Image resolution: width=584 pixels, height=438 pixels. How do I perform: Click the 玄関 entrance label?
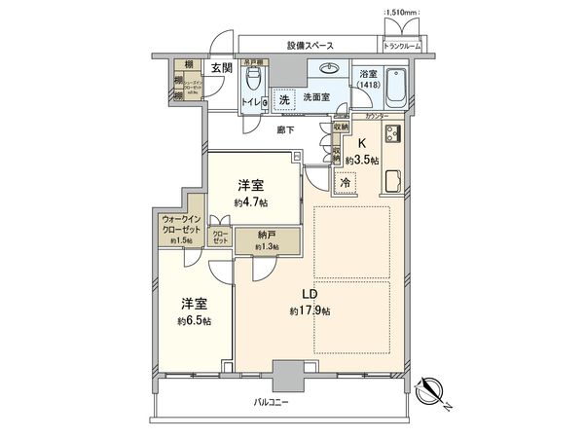(223, 68)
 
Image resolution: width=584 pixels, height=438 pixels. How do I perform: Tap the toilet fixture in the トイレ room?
(256, 77)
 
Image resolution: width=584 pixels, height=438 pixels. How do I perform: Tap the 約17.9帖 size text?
(309, 311)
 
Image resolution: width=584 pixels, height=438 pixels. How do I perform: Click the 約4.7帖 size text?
(251, 202)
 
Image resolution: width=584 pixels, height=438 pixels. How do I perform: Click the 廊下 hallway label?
(284, 129)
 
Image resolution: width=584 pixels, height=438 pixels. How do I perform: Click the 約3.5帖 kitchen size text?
(365, 160)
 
